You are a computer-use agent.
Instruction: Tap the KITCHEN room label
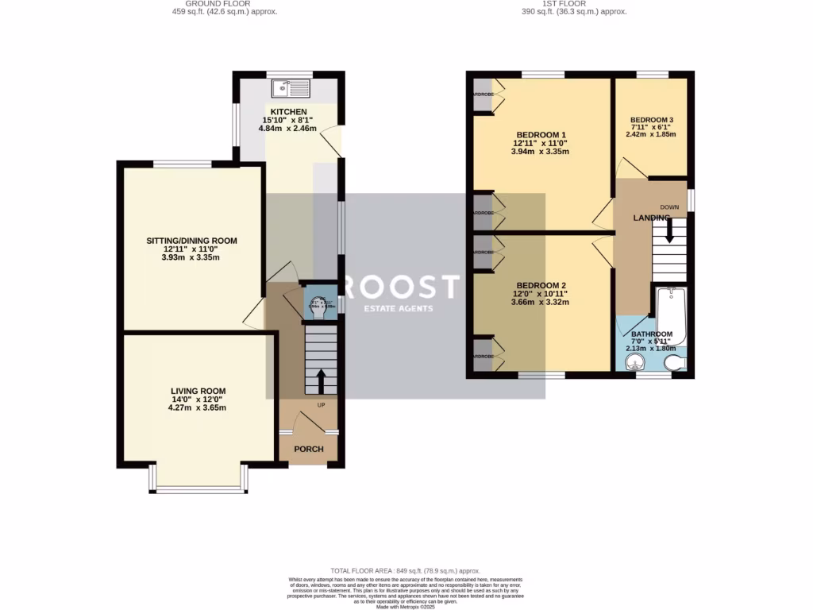[288, 111]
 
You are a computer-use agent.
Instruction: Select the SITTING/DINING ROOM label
[191, 241]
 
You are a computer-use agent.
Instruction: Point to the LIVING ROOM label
[198, 391]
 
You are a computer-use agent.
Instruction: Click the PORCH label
[309, 449]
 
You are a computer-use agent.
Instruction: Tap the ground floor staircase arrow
[321, 380]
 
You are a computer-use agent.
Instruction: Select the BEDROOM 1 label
[541, 134]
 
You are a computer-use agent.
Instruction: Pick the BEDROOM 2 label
[541, 285]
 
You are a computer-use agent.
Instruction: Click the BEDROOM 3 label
[650, 118]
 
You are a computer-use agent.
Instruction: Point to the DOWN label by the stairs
[669, 207]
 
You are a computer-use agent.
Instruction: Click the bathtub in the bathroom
[671, 314]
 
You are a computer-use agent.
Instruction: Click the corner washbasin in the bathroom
[633, 363]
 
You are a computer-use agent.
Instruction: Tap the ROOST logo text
[404, 287]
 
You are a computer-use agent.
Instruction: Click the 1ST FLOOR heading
[565, 3]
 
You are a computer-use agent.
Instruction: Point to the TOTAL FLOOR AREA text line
[406, 570]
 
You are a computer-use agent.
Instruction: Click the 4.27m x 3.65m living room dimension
[197, 408]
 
